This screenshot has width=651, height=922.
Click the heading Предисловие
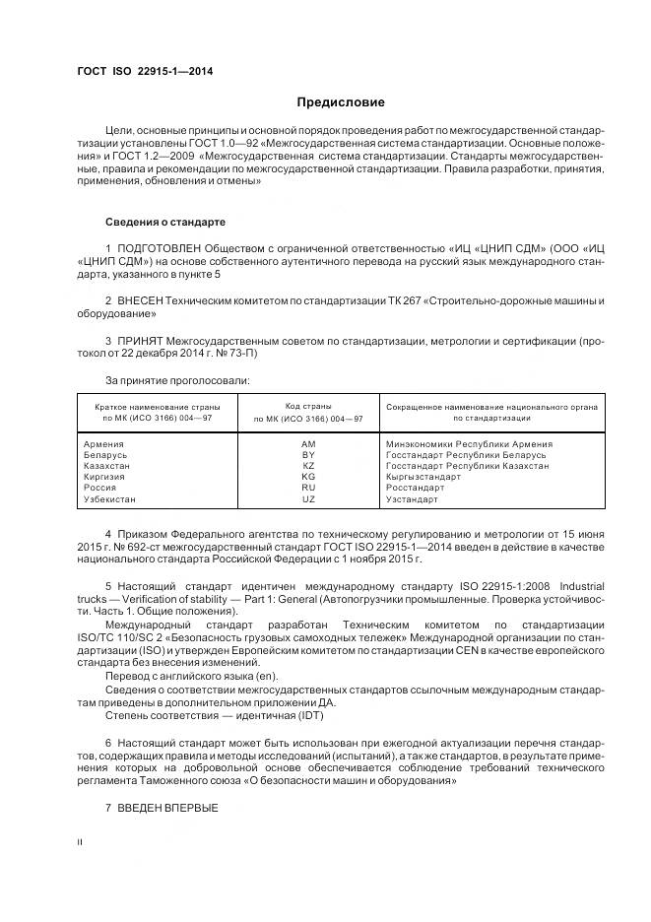click(341, 102)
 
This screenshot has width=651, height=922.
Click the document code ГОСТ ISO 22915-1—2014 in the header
click(145, 71)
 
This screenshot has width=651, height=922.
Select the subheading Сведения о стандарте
click(164, 221)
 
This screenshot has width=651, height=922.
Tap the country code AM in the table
click(308, 444)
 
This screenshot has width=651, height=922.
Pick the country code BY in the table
click(308, 455)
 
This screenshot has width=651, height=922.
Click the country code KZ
click(308, 466)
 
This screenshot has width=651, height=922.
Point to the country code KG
click(308, 477)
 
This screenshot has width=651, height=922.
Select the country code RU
click(308, 488)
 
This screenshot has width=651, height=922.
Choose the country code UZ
click(308, 499)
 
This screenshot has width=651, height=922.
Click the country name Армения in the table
click(105, 444)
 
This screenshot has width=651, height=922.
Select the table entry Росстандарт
click(415, 488)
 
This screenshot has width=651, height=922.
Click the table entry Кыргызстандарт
click(424, 477)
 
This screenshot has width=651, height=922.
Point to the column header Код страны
click(308, 406)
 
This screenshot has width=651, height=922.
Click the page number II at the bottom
click(81, 843)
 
